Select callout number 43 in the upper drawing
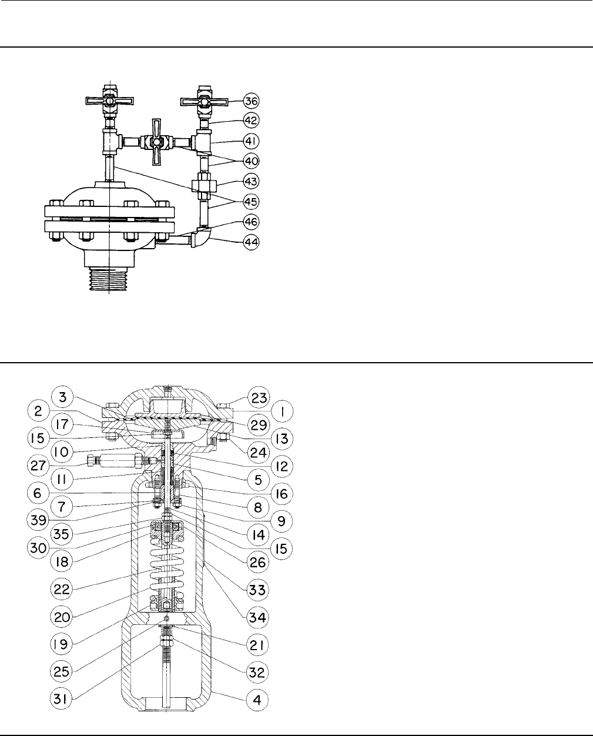tap(252, 180)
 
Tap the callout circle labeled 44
tap(252, 242)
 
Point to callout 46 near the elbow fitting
tap(252, 222)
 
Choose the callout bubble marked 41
tap(252, 141)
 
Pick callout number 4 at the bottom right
tap(257, 700)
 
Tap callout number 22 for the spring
tap(62, 588)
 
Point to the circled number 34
tap(257, 617)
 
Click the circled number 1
tap(282, 412)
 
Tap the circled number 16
tap(282, 494)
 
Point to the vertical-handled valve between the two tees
tap(156, 142)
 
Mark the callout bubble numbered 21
tap(257, 644)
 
